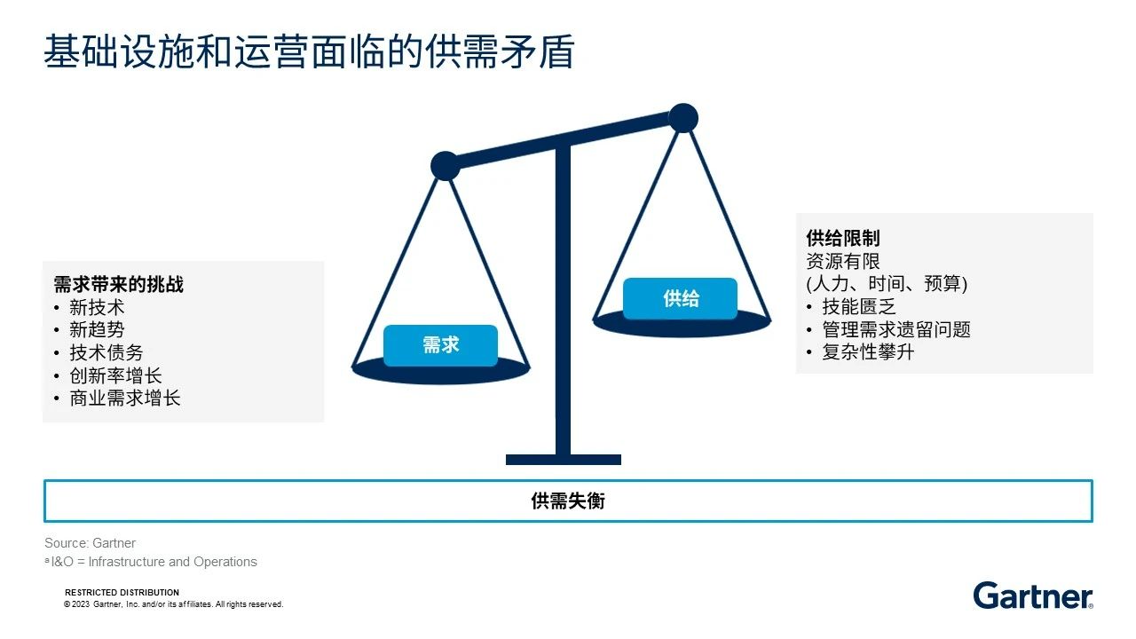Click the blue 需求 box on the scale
click(440, 345)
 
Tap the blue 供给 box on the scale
click(680, 298)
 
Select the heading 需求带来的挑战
click(118, 285)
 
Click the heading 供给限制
click(843, 238)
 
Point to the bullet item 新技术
click(97, 307)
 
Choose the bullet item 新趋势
click(97, 329)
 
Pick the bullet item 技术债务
click(106, 352)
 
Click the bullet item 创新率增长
click(115, 375)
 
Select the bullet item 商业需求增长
click(125, 398)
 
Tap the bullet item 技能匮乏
click(859, 307)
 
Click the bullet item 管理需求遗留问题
click(896, 329)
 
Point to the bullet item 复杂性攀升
click(868, 352)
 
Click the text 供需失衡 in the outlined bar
click(568, 501)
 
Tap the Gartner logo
click(1033, 596)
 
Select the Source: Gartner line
click(91, 543)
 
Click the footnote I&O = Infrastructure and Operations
click(151, 562)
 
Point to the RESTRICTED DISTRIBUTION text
click(122, 592)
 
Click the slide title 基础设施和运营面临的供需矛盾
click(309, 51)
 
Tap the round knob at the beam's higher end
click(683, 118)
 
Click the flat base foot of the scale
click(564, 460)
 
